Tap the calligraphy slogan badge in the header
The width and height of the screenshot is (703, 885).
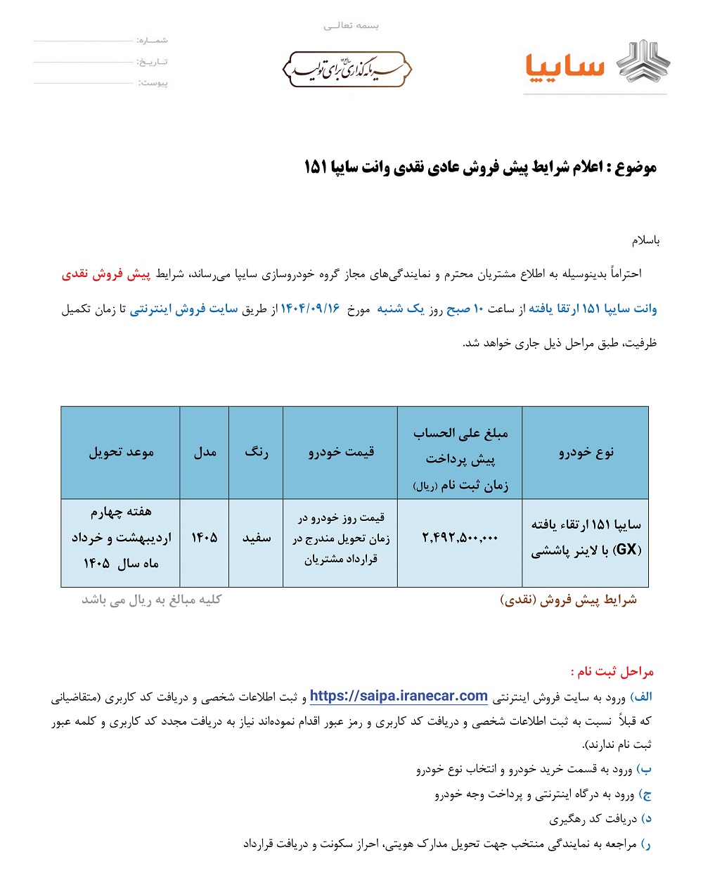[347, 69]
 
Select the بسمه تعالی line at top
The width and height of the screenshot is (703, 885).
[351, 26]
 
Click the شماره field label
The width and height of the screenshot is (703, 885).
[152, 40]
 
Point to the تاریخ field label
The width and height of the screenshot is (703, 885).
[152, 62]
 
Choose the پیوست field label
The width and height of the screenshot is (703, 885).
[153, 83]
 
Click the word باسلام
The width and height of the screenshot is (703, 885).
[645, 241]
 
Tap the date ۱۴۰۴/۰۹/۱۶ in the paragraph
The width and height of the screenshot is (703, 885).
[310, 309]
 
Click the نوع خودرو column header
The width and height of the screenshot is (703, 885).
[586, 452]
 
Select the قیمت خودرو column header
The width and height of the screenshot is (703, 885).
[341, 452]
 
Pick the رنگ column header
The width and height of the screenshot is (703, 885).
[256, 452]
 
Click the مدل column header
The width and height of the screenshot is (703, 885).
[205, 452]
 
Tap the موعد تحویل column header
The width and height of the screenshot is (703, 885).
[121, 452]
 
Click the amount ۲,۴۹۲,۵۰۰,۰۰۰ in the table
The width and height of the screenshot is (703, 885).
[460, 538]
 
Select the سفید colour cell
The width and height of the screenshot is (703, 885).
[256, 538]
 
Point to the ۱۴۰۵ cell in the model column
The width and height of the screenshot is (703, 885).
[205, 538]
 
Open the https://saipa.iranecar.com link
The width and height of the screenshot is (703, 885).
[399, 696]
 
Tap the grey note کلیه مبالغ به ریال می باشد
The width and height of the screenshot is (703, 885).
[151, 599]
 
